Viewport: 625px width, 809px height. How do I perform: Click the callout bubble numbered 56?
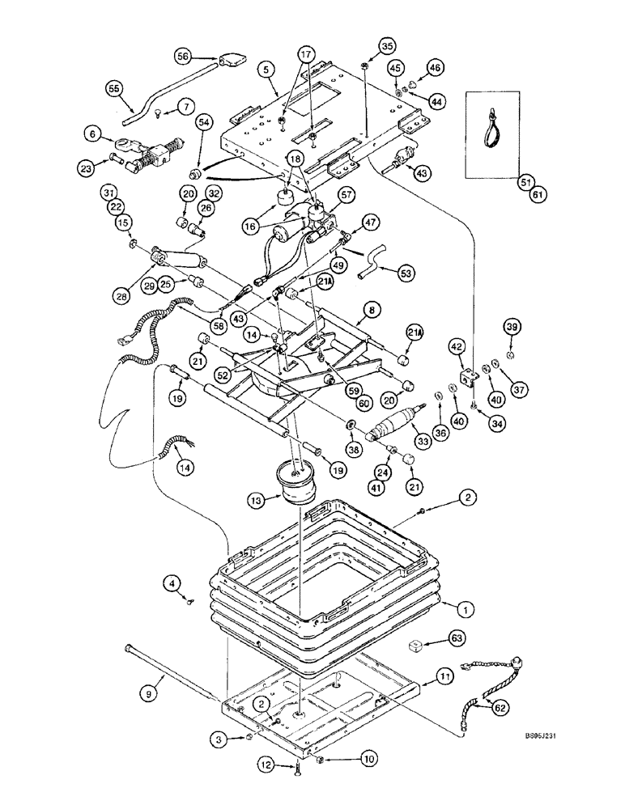pyautogui.click(x=183, y=56)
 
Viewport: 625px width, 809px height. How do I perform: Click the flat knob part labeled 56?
pyautogui.click(x=232, y=60)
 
